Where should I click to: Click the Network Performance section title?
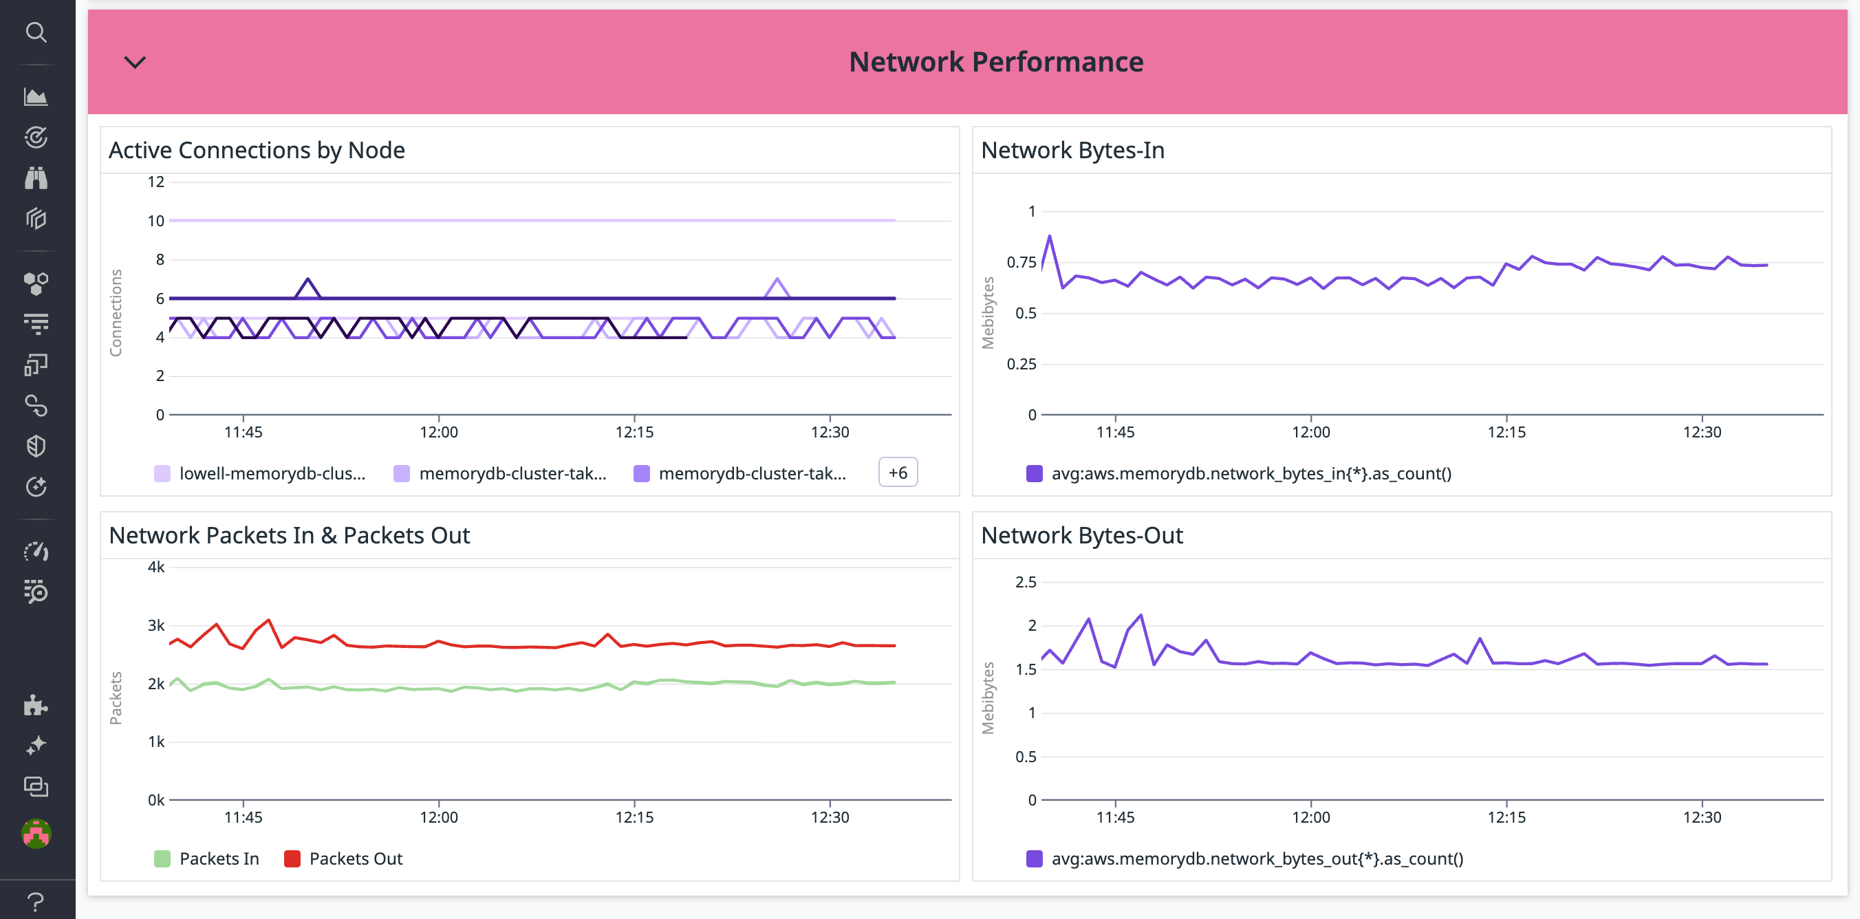tap(996, 62)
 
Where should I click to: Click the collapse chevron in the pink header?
tap(135, 62)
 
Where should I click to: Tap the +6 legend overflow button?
tap(898, 473)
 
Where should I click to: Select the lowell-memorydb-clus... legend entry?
tap(272, 473)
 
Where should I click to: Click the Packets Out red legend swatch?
tap(292, 858)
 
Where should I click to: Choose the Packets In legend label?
tap(219, 858)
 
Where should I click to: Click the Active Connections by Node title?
tap(257, 150)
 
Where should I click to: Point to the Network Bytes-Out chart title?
tap(1081, 536)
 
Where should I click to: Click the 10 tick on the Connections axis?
tap(156, 221)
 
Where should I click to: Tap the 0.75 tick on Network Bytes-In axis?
tap(1021, 262)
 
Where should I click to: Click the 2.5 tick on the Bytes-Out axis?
tap(1026, 582)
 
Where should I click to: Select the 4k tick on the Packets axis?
tap(156, 567)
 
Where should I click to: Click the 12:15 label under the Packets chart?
tap(634, 817)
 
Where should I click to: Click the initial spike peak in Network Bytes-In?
tap(1049, 236)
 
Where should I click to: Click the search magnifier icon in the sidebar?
tap(36, 32)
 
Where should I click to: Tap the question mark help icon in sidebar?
tap(36, 901)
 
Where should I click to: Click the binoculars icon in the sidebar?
tap(36, 177)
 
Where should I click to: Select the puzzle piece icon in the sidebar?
tap(36, 705)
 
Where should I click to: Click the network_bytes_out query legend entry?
tap(1256, 858)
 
